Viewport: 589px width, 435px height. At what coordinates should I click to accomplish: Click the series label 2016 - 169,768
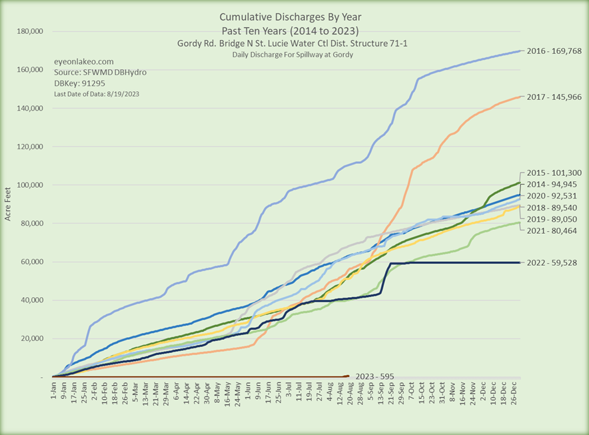point(554,51)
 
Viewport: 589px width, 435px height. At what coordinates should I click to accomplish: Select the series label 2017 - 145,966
point(554,97)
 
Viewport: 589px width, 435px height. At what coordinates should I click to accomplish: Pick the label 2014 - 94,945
point(554,183)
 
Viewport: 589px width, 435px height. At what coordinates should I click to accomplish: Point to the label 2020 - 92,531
point(554,195)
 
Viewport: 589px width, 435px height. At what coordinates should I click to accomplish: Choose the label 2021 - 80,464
point(554,230)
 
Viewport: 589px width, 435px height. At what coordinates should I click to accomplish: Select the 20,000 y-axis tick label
point(31,338)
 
